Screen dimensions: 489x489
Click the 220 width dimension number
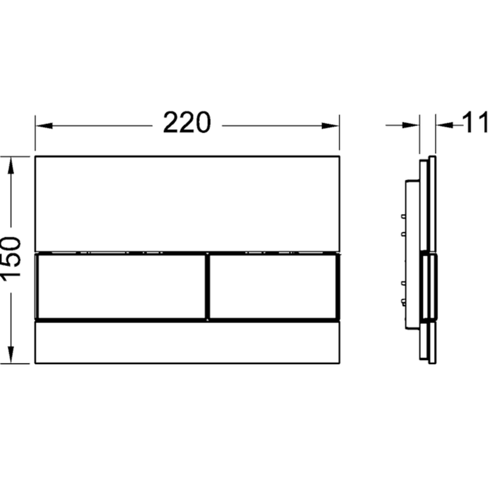tap(187, 122)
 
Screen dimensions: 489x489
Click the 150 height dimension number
tap(10, 259)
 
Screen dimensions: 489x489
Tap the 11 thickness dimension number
tap(476, 122)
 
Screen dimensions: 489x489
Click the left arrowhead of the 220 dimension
tap(44, 126)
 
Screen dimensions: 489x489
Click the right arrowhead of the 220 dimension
tap(330, 126)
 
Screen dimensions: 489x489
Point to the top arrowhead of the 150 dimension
tap(11, 165)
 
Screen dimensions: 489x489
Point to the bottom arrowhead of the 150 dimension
tap(11, 355)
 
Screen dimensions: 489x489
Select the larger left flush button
tap(122, 287)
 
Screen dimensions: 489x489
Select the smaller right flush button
tap(273, 287)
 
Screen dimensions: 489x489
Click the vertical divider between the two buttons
tap(207, 287)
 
